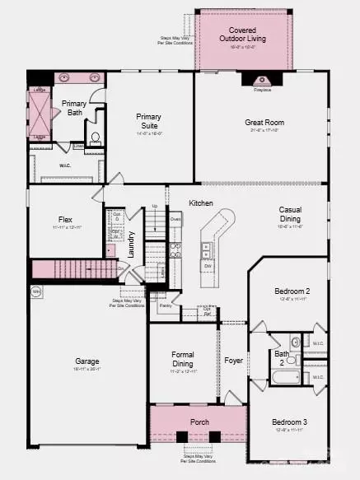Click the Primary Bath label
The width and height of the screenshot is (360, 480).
pos(73,108)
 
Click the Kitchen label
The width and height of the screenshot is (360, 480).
pos(200,203)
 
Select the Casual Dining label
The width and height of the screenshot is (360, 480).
pos(295,213)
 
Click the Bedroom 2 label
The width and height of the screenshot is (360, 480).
pos(291,291)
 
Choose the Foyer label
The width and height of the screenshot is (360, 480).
pos(233,361)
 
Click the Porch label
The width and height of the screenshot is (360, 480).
pos(199,423)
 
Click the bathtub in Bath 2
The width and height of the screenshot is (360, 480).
pos(288,379)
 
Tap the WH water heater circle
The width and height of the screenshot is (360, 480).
pos(36,291)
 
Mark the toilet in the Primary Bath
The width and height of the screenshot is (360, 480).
pos(96,137)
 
